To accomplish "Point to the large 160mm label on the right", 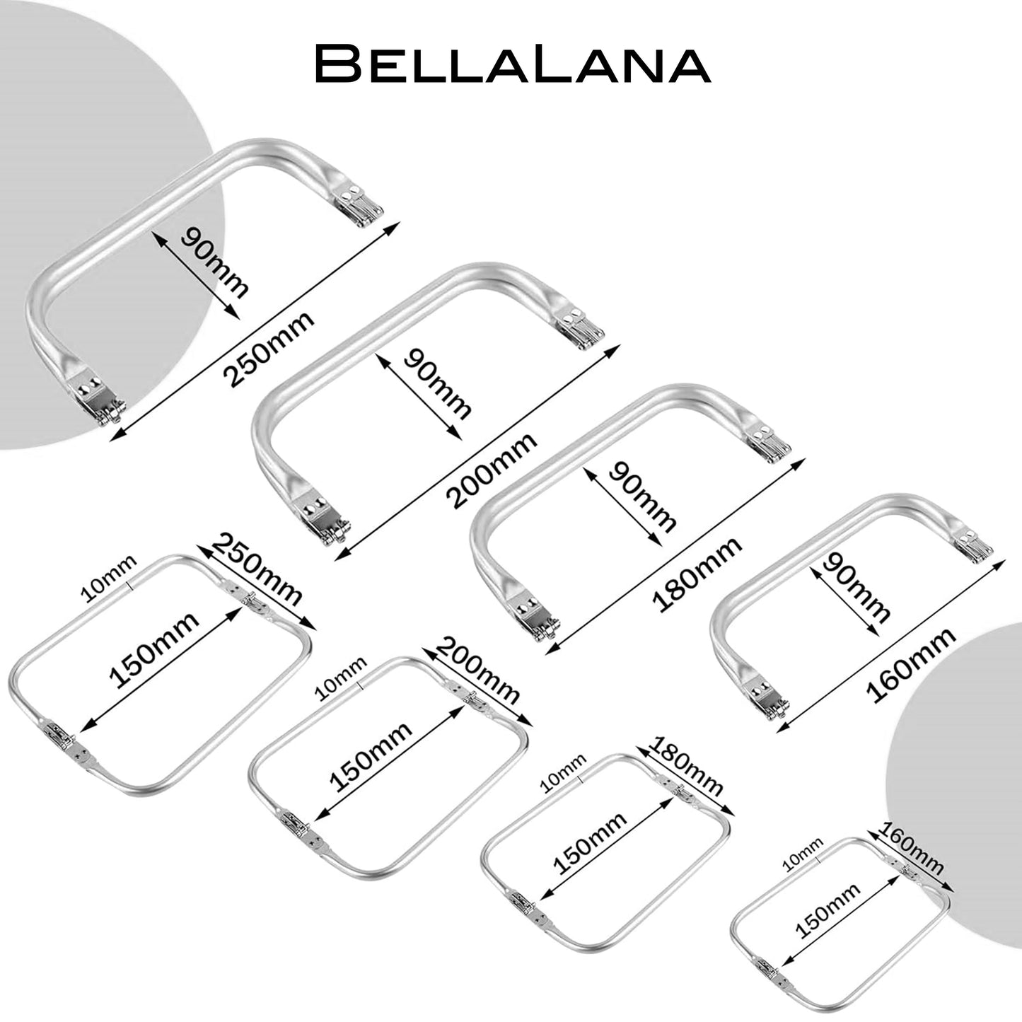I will pos(912,665).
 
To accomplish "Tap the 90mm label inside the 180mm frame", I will pos(643,497).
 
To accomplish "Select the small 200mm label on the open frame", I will pos(480,670).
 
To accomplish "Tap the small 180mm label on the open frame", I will pos(687,767).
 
